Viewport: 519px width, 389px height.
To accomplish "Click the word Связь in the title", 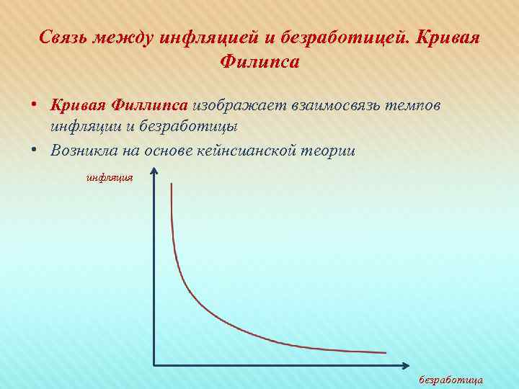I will pos(65,37).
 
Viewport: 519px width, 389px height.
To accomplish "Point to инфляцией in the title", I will pos(202,37).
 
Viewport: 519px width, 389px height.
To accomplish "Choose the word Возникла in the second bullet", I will pos(84,151).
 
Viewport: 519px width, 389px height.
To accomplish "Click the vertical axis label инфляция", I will pos(110,175).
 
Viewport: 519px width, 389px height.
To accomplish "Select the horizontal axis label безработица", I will pos(451,379).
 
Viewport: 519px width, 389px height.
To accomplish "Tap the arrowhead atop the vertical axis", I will pos(154,171).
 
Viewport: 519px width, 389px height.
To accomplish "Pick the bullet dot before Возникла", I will pos(35,151).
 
